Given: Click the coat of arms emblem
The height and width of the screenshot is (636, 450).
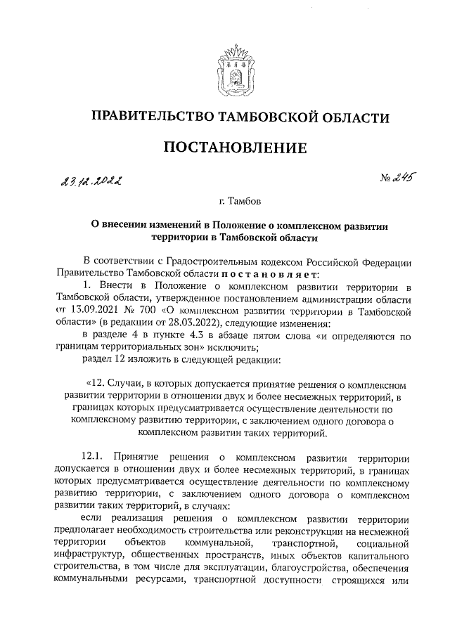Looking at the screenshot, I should pos(234,66).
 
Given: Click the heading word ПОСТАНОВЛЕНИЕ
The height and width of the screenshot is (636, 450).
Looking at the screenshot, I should pos(235,148).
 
